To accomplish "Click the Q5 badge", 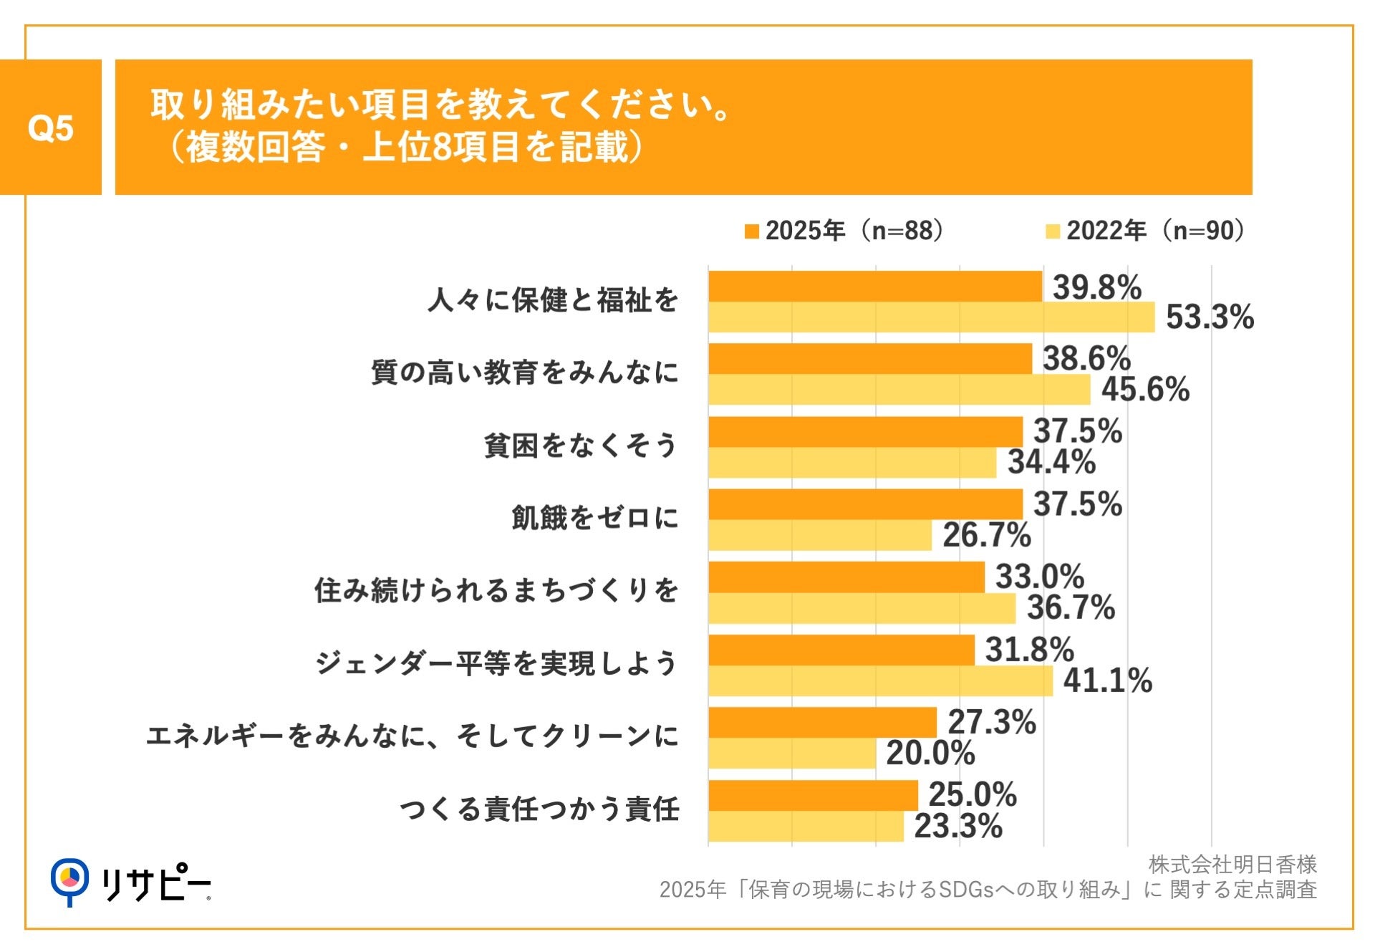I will [50, 128].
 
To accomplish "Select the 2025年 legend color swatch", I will [751, 231].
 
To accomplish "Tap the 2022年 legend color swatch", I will [1052, 231].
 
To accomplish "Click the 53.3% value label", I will [1210, 317].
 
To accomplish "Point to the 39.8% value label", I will [1096, 287].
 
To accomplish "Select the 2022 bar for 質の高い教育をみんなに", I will [899, 390].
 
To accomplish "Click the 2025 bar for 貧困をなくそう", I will [865, 432].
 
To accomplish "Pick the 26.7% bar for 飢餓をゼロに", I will [820, 535].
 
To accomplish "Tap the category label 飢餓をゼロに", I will [594, 518].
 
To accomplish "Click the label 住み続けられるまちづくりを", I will [496, 591].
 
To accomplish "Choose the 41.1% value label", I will [1107, 681].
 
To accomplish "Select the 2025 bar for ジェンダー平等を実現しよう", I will [841, 650].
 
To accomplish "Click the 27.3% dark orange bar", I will [822, 723].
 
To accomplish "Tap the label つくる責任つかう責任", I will [539, 809].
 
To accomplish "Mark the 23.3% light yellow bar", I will [806, 827].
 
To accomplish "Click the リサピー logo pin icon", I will [69, 880].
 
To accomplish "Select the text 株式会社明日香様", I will [1232, 865].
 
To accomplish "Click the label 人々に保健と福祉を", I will [552, 300].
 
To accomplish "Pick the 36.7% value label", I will [1071, 608].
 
